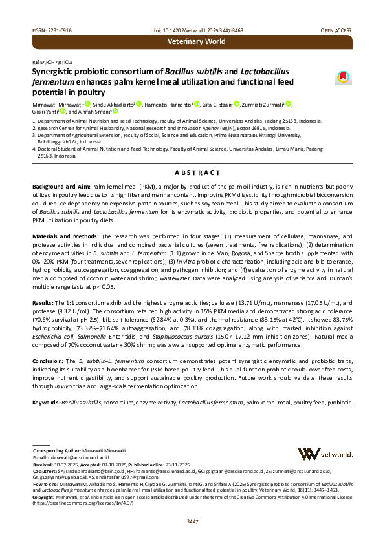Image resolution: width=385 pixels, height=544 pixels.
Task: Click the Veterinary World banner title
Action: [196, 41]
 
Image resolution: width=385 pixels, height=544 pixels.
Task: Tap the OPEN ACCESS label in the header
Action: [336, 31]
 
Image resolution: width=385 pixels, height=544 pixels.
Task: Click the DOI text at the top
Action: [192, 31]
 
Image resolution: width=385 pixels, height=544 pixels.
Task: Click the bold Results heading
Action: [44, 283]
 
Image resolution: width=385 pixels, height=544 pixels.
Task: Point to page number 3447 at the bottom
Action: [192, 522]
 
